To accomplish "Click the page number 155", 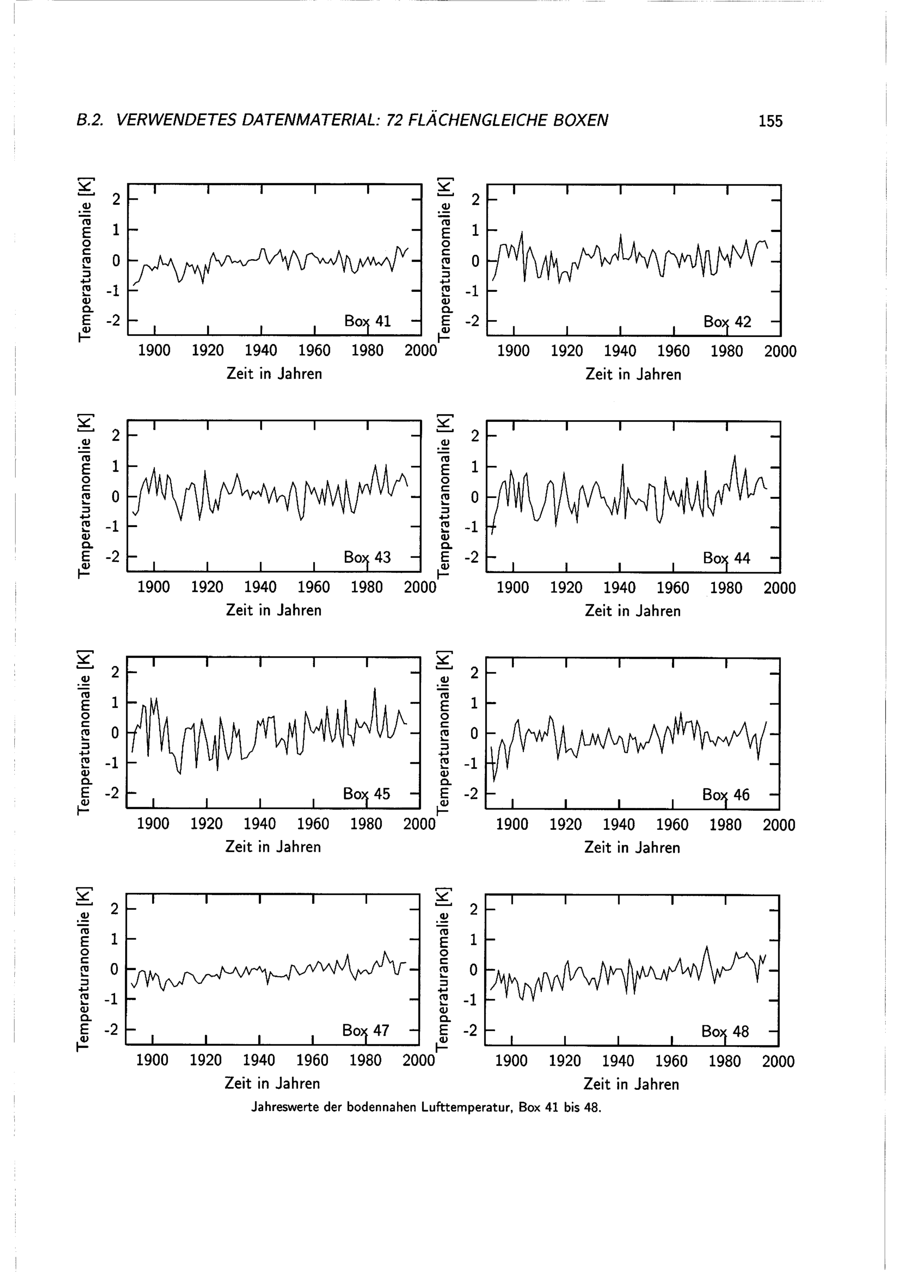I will tap(770, 121).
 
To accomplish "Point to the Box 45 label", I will tap(366, 794).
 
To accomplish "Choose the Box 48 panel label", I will tap(725, 1031).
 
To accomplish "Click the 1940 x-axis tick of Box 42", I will tap(620, 351).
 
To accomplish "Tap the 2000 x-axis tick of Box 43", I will tap(420, 587).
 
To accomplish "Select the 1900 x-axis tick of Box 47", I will tap(153, 1060).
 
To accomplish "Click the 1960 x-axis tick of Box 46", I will tap(672, 825).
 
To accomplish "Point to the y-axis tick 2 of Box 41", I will tap(116, 199).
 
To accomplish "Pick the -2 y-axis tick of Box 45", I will tap(112, 793).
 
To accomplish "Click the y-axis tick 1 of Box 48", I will tap(473, 940).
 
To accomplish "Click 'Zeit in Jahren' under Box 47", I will tap(272, 1083).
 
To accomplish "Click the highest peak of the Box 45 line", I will tap(375, 688).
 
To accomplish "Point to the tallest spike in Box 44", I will tap(735, 455).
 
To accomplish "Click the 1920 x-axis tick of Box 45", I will tap(206, 824).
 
